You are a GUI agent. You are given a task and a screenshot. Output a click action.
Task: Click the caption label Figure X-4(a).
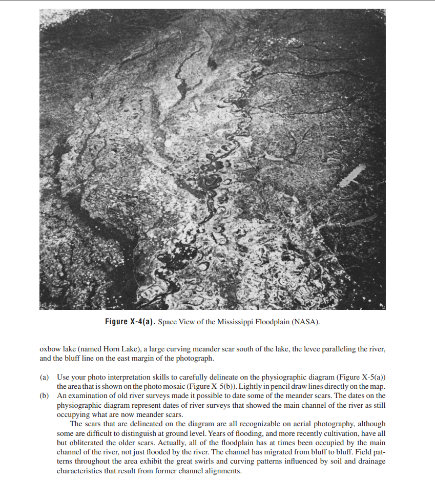point(130,322)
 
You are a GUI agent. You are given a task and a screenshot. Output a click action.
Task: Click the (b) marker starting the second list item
point(45,396)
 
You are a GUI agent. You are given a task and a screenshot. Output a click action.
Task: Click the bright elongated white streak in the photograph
point(352,175)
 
